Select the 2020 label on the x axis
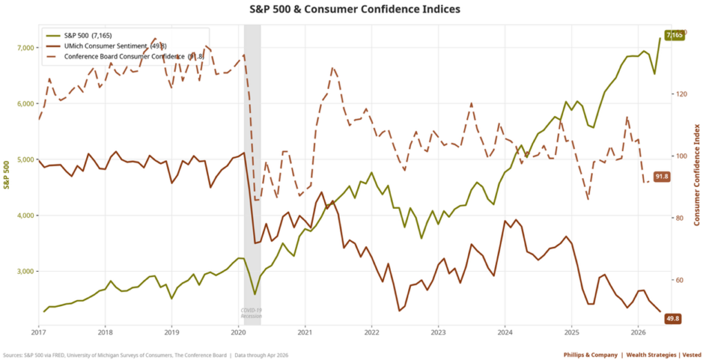point(238,332)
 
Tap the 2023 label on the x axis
point(438,332)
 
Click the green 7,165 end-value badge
point(674,35)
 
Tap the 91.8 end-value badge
point(663,177)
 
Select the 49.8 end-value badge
point(673,318)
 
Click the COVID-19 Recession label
point(252,313)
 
